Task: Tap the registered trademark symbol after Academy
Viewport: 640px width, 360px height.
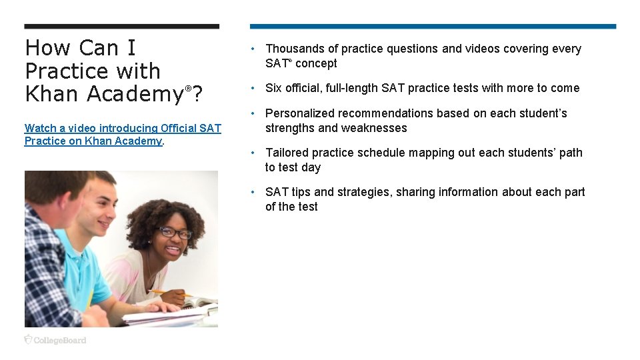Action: [189, 89]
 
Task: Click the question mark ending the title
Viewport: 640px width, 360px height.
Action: [198, 94]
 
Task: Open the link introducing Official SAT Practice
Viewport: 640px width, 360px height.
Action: [123, 134]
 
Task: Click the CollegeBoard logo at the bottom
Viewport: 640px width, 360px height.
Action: [55, 340]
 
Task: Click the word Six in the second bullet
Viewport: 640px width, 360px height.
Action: [275, 88]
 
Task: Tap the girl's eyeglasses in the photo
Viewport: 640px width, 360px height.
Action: [175, 232]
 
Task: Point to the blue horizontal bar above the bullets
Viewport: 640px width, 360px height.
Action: [433, 27]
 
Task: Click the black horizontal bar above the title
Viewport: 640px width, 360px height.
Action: [121, 27]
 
